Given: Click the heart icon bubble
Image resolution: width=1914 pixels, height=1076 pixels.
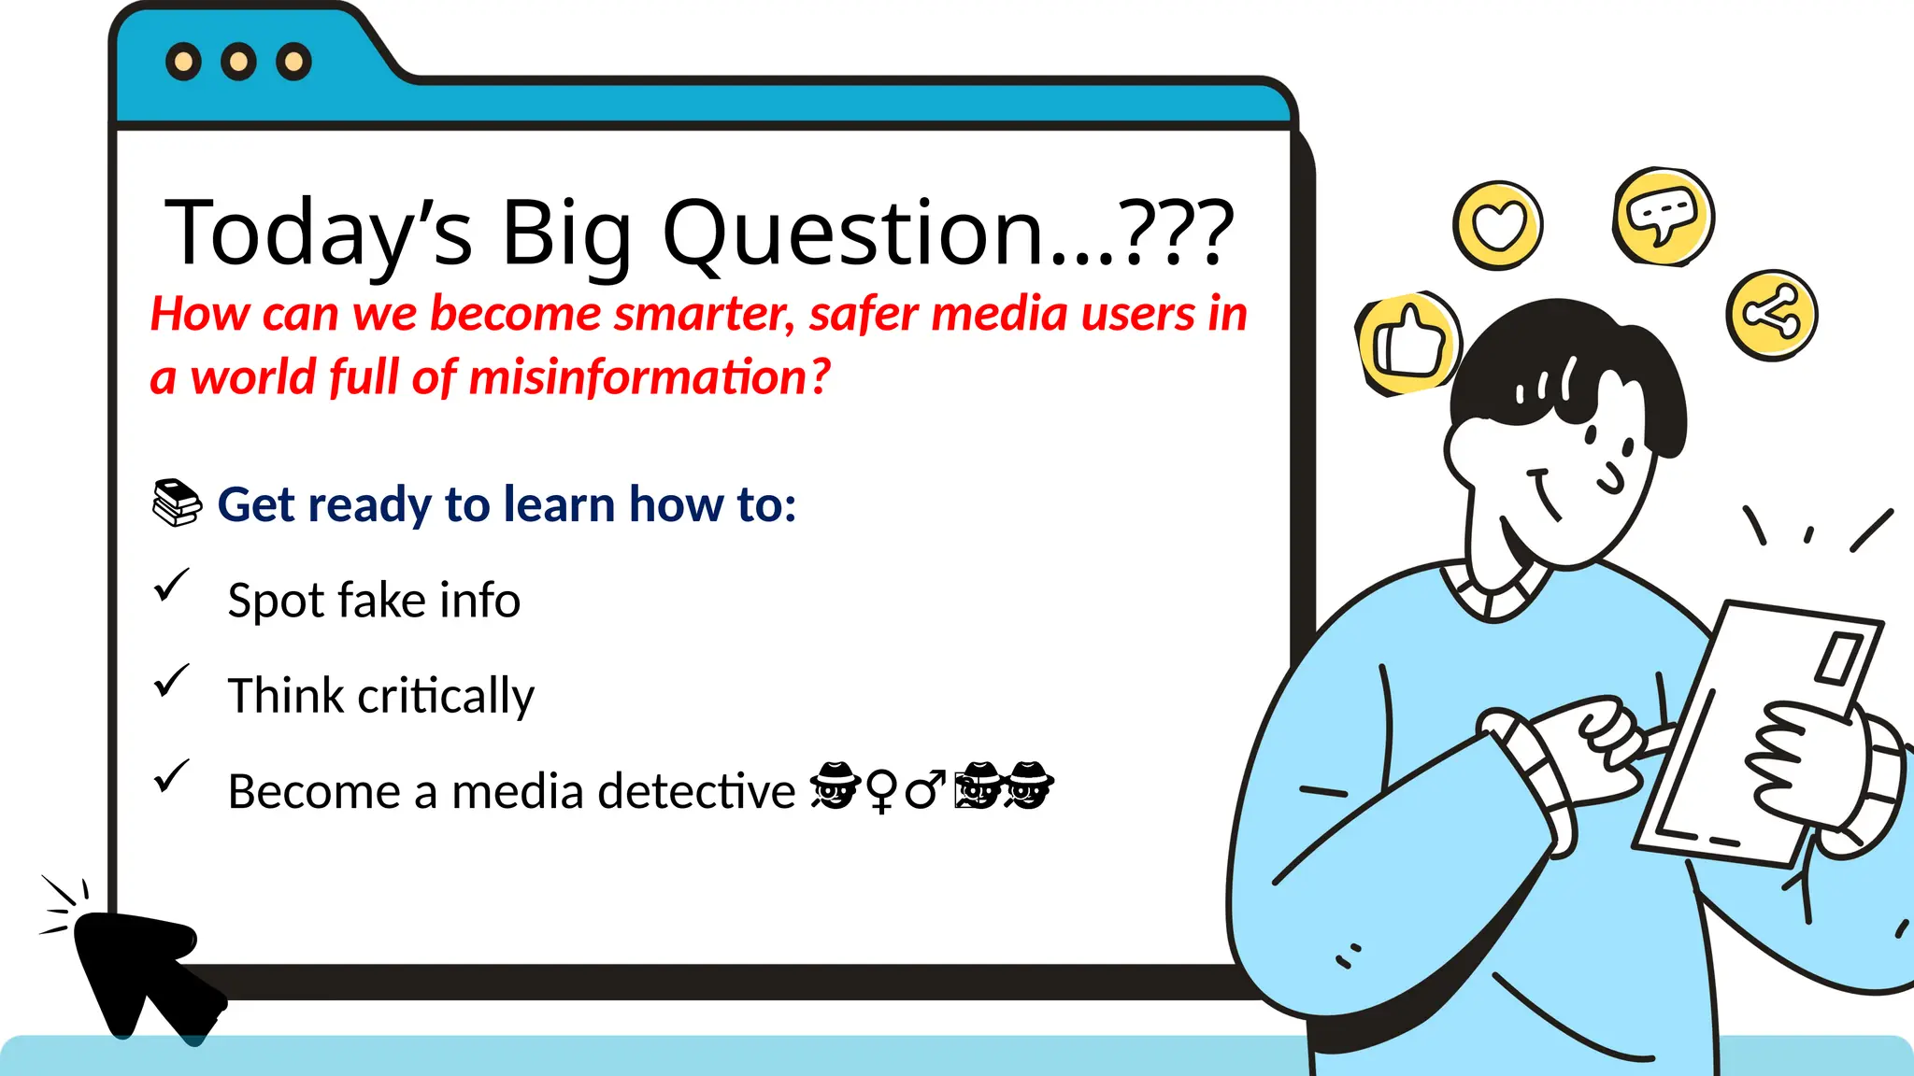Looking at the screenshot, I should (1497, 225).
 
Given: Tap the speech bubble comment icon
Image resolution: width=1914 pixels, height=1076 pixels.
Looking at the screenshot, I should (1663, 217).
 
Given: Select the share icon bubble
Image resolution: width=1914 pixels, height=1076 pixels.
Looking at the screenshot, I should (1771, 315).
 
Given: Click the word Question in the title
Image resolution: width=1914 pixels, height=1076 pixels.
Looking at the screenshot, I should (851, 234).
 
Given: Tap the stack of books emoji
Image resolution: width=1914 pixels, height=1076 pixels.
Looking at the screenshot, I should (177, 503).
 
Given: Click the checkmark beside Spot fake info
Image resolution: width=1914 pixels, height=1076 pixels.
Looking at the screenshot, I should (171, 586).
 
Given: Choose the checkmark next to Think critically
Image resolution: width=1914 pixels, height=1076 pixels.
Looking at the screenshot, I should (171, 681).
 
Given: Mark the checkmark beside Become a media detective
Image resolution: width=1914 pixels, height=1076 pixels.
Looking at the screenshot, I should (171, 776).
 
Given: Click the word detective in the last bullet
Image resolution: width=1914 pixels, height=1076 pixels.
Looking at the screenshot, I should (696, 792).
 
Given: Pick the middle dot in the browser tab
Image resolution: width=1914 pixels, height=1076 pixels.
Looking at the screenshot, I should (238, 62).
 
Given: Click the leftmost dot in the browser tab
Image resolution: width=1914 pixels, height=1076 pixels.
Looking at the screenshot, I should (183, 62).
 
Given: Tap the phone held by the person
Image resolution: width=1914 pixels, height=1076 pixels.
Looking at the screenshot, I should (1757, 729).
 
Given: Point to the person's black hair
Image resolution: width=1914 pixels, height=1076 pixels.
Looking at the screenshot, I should (1570, 355).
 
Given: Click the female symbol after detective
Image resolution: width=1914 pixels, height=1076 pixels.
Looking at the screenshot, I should (880, 791).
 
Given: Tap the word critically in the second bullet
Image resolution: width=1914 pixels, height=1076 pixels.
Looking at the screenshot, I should (445, 697).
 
